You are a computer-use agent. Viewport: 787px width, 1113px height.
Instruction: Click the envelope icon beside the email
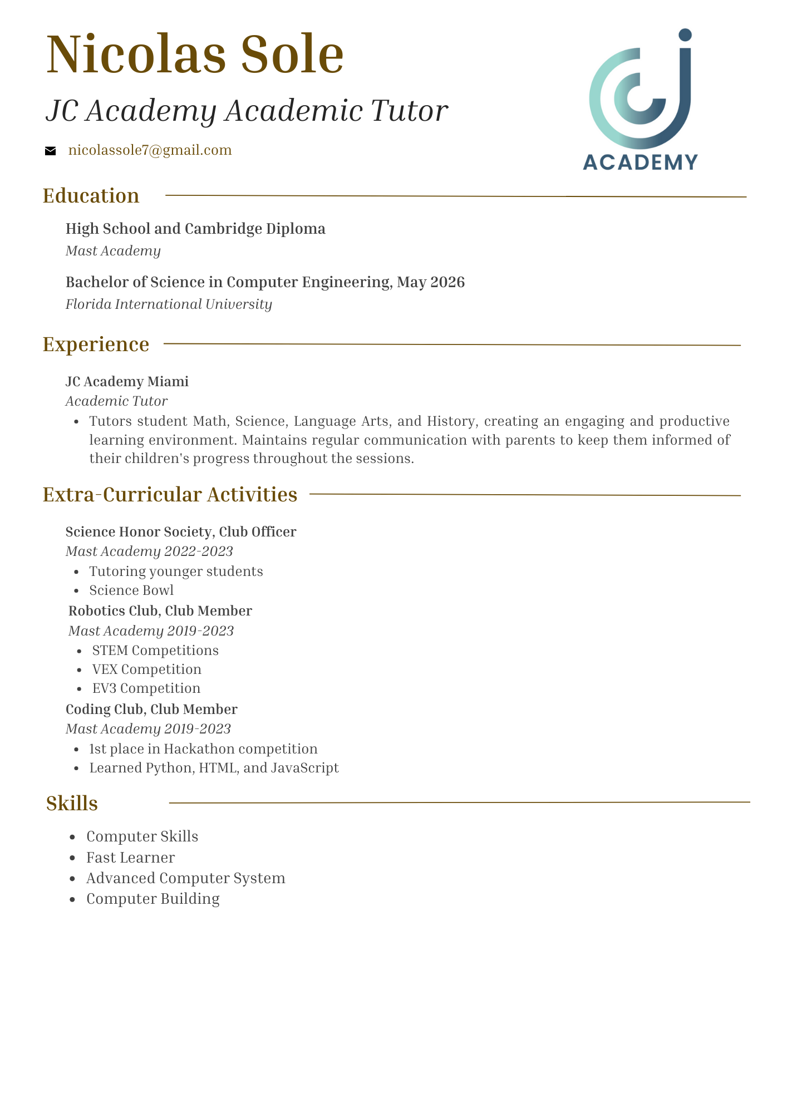pos(50,151)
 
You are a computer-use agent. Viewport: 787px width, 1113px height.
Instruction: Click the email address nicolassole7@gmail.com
pos(150,150)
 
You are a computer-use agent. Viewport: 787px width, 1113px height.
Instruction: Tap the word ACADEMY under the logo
pos(640,162)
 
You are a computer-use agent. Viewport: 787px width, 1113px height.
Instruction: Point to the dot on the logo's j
pos(685,35)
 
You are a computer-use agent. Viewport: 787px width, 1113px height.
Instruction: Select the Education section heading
pos(91,196)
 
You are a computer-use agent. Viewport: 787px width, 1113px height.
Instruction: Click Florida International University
pos(169,304)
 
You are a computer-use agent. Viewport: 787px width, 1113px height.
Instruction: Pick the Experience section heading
pos(96,344)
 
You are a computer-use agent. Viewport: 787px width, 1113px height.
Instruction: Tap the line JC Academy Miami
pos(127,382)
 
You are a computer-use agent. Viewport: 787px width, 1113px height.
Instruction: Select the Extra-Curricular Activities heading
pos(170,495)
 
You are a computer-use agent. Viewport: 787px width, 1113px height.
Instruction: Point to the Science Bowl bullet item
pos(131,590)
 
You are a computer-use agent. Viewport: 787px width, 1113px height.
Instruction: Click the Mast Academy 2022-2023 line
pos(149,551)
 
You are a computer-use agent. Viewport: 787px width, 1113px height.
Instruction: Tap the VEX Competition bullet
pos(146,669)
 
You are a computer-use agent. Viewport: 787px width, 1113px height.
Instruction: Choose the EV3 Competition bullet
pos(146,688)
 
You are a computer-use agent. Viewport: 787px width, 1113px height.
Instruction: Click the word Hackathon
pos(199,749)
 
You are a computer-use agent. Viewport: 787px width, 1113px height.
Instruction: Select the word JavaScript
pos(304,768)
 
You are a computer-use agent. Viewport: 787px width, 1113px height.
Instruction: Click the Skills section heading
pos(72,804)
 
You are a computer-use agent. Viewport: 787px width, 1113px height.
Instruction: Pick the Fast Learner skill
pos(130,858)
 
